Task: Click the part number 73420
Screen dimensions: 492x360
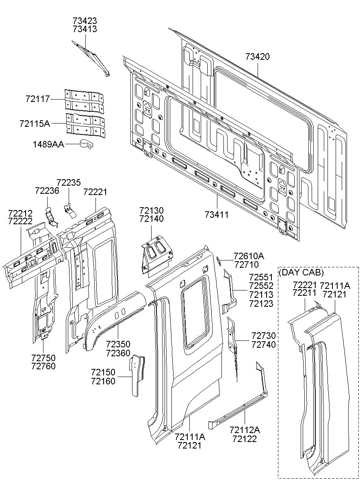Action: (257, 56)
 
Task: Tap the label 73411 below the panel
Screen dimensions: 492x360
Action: (217, 214)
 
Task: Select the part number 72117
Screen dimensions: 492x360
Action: (37, 99)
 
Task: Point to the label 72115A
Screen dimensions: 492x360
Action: (35, 123)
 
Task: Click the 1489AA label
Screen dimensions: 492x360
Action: (49, 144)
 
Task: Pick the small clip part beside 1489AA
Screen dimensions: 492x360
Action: (86, 144)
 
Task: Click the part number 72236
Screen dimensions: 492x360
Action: (47, 191)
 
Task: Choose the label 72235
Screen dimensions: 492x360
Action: (68, 183)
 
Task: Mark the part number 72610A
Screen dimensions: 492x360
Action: (249, 256)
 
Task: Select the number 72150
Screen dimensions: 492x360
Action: (103, 373)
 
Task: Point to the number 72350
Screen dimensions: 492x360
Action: (118, 345)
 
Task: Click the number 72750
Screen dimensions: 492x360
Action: (43, 358)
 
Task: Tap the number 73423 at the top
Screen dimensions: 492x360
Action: (85, 20)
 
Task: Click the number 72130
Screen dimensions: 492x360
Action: (152, 210)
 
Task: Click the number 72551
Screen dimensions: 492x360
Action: (261, 277)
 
